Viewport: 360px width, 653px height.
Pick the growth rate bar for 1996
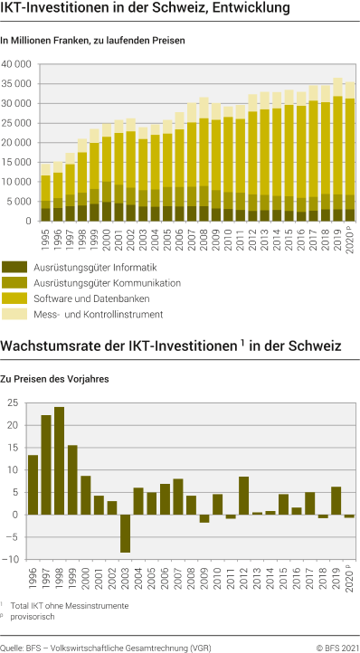[33, 485]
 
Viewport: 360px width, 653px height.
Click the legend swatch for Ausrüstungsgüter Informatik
[15, 267]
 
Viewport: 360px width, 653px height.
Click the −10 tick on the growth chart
[12, 559]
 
